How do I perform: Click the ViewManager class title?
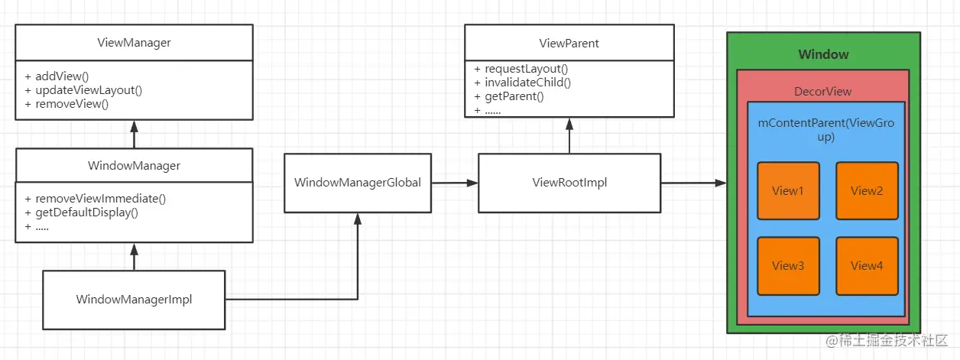(135, 43)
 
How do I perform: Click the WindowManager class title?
(135, 165)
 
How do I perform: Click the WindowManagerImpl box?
(134, 300)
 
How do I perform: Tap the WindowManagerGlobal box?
(358, 183)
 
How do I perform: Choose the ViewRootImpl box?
(569, 183)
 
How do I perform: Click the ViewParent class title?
(569, 44)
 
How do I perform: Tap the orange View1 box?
(788, 191)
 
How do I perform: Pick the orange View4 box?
(867, 266)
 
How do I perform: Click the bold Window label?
(823, 54)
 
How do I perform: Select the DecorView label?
(823, 91)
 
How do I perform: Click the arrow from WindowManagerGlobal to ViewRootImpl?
(455, 183)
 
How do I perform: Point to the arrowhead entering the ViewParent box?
(569, 124)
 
